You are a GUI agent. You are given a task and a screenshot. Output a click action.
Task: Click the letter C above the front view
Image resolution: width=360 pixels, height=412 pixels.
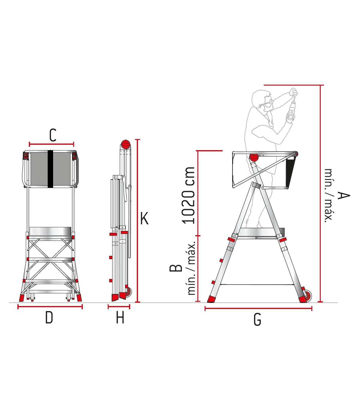tap(53, 135)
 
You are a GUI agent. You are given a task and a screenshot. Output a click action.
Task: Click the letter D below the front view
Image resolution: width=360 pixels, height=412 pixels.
tap(49, 317)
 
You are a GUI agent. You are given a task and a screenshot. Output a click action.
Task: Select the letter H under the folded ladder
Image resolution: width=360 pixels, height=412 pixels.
tap(120, 317)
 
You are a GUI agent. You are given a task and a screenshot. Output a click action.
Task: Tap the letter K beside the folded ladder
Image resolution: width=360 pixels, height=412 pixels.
tap(144, 218)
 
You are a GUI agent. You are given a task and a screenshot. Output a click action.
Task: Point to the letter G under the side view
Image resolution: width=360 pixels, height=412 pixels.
tap(257, 320)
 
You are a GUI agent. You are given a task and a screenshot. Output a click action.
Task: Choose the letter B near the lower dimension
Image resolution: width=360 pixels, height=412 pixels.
tap(176, 268)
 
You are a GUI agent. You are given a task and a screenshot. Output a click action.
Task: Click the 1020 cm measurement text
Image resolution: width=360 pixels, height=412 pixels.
tap(188, 195)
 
